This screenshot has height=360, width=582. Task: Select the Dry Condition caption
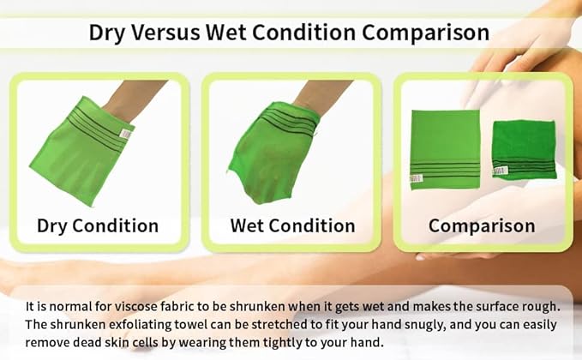pyautogui.click(x=97, y=226)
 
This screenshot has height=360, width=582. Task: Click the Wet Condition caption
pyautogui.click(x=292, y=226)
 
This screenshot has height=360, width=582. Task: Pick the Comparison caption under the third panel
pyautogui.click(x=482, y=226)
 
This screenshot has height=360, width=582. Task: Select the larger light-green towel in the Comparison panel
pyautogui.click(x=445, y=146)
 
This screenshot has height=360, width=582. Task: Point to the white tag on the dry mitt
pyautogui.click(x=127, y=134)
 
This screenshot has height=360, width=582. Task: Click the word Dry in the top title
pyautogui.click(x=106, y=33)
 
